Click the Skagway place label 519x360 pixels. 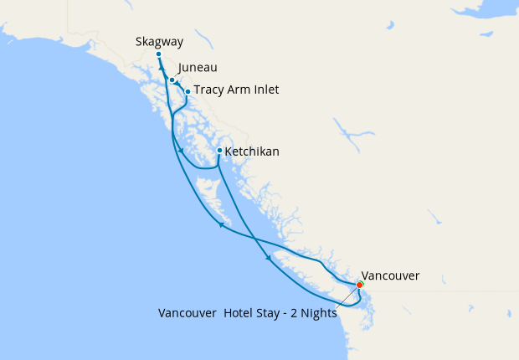(x=159, y=42)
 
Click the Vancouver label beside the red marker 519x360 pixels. (x=390, y=275)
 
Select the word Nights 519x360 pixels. (x=321, y=314)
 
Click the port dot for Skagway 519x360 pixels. (x=158, y=54)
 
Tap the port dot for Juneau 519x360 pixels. (x=172, y=80)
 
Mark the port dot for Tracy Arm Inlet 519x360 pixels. (x=188, y=91)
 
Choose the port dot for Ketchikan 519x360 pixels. (x=219, y=151)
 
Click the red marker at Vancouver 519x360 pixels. (x=360, y=285)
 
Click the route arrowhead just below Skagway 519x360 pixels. (x=161, y=66)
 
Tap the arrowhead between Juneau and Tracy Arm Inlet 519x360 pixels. (x=179, y=85)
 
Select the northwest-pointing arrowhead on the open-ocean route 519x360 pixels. (x=220, y=224)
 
